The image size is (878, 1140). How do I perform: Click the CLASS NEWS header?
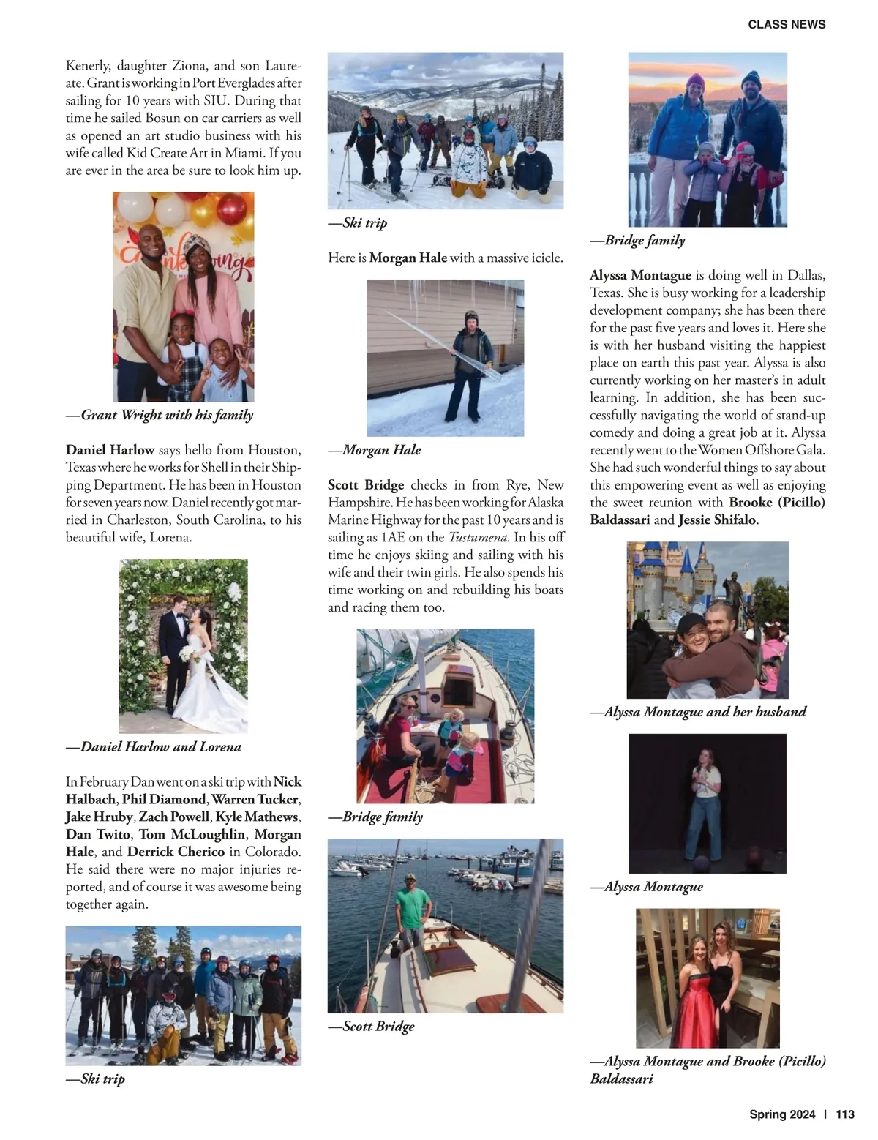tap(787, 24)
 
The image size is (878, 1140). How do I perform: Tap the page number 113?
tap(844, 1114)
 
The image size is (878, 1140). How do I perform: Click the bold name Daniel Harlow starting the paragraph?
tap(110, 450)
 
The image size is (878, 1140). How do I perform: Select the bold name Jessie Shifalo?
tap(717, 520)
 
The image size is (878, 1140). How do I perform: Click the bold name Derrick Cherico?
tap(176, 852)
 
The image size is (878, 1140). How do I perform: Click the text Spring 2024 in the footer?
tap(781, 1114)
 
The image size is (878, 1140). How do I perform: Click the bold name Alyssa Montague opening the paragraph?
tap(640, 275)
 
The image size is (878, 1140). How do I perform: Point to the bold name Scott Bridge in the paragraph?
tap(366, 485)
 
